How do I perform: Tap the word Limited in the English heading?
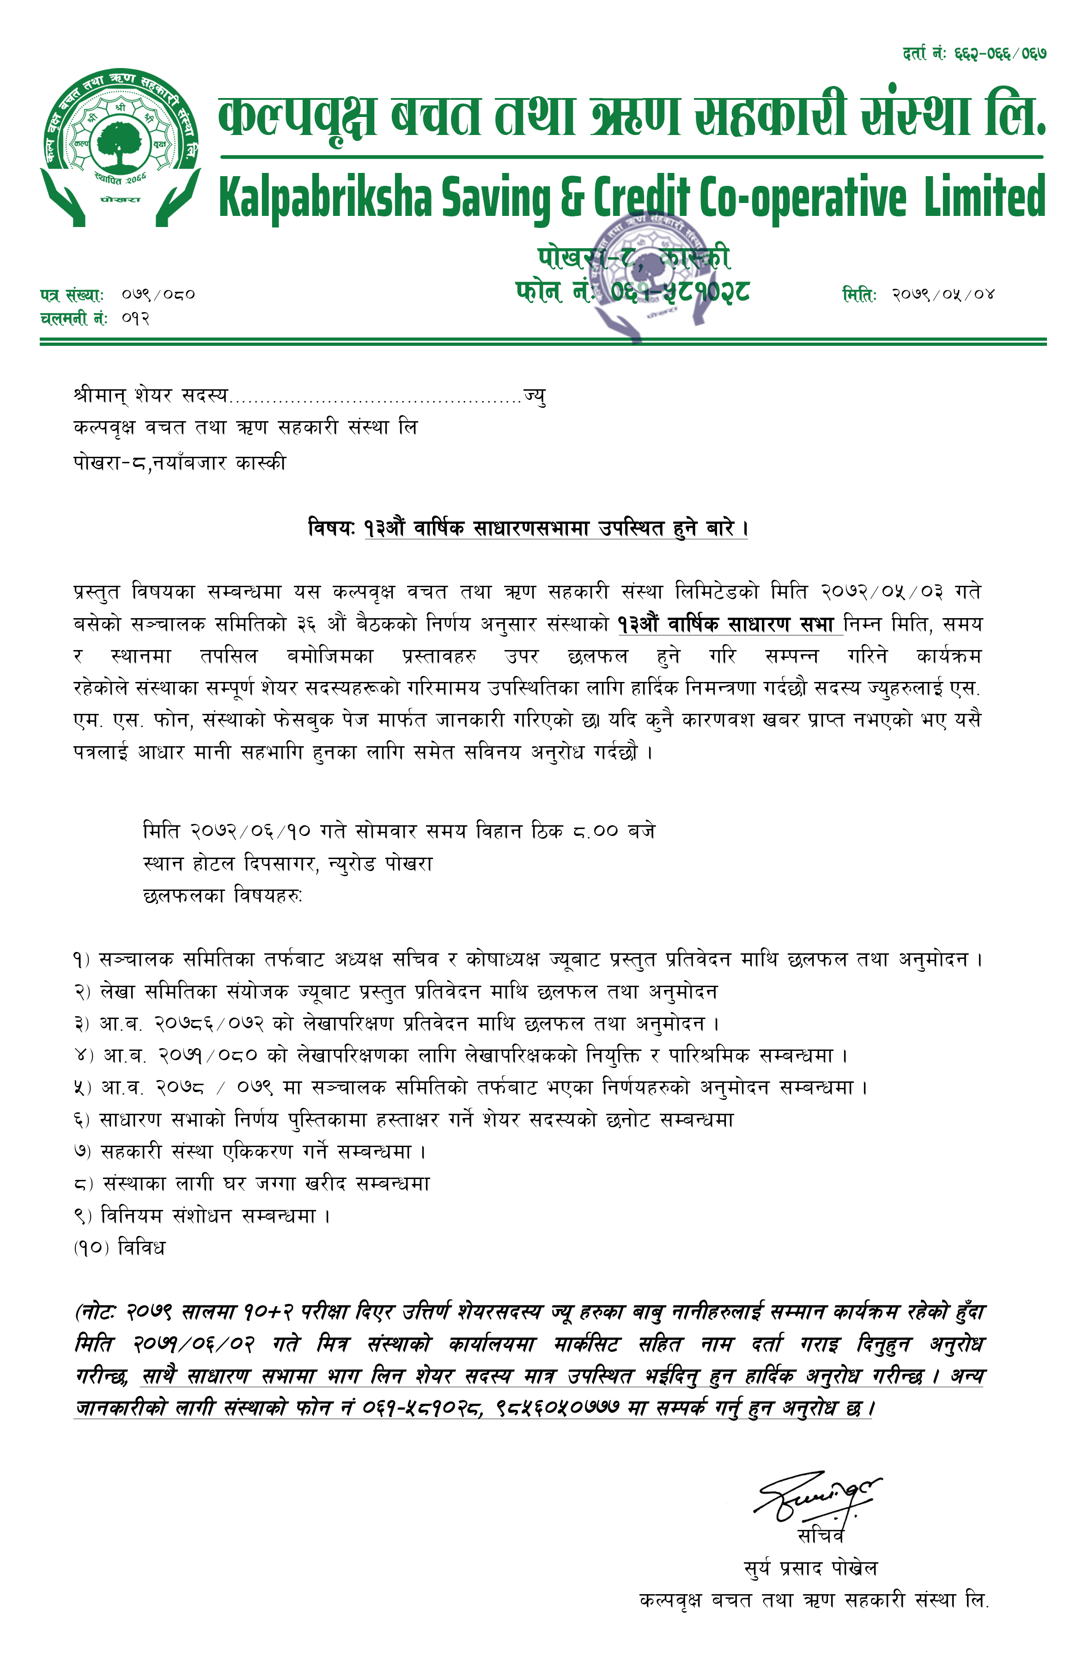(x=984, y=197)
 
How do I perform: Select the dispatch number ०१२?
(x=135, y=319)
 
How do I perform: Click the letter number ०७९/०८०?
(x=158, y=295)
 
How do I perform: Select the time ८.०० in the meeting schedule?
(x=595, y=831)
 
